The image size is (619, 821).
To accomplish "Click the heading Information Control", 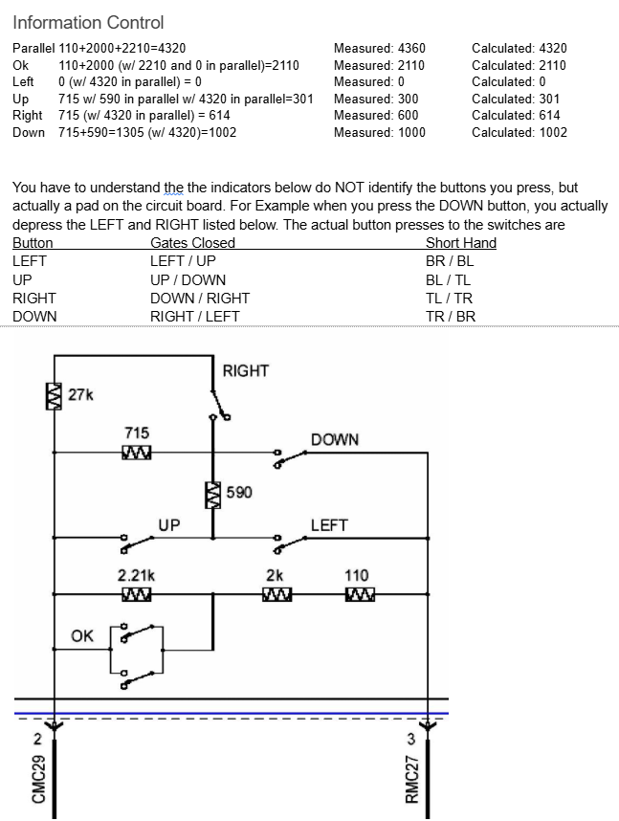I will pyautogui.click(x=88, y=22).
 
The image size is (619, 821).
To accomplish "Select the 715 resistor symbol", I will pyautogui.click(x=137, y=452).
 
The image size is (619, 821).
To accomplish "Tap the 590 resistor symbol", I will pyautogui.click(x=212, y=493).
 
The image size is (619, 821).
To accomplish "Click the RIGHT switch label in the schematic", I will pyautogui.click(x=246, y=370).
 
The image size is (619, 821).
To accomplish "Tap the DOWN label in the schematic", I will pyautogui.click(x=335, y=439).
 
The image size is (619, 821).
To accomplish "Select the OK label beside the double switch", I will pyautogui.click(x=82, y=635).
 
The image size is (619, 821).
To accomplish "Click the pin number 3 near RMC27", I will pyautogui.click(x=410, y=738).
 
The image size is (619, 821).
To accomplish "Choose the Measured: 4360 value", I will pyautogui.click(x=380, y=48).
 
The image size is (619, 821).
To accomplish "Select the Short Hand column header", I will pyautogui.click(x=461, y=243).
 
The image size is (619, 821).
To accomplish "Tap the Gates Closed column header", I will pyautogui.click(x=192, y=243).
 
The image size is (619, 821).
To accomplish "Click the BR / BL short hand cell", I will pyautogui.click(x=450, y=261).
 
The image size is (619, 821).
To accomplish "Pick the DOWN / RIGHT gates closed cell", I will pyautogui.click(x=200, y=298).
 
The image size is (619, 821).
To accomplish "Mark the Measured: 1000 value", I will pyautogui.click(x=380, y=132).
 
